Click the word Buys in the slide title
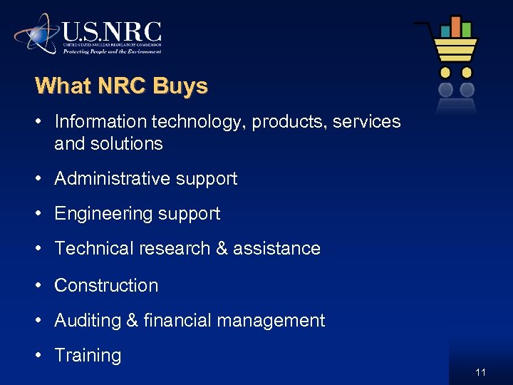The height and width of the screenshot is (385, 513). [x=180, y=86]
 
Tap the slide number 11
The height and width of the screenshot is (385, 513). [x=480, y=372]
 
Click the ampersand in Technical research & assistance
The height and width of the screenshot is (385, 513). [x=221, y=249]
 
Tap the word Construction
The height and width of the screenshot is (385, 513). [x=106, y=285]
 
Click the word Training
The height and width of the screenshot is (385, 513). [x=88, y=356]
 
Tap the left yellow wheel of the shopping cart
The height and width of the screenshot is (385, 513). [x=446, y=73]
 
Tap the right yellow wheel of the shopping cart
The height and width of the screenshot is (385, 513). [x=467, y=73]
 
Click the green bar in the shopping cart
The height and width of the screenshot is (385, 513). [x=466, y=30]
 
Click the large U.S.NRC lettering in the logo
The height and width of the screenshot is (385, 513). [x=112, y=32]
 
